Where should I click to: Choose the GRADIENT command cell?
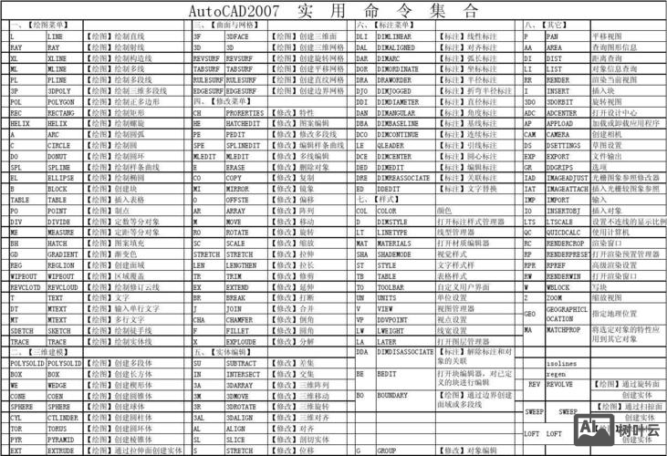tap(61, 254)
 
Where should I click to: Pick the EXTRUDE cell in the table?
tap(61, 450)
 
